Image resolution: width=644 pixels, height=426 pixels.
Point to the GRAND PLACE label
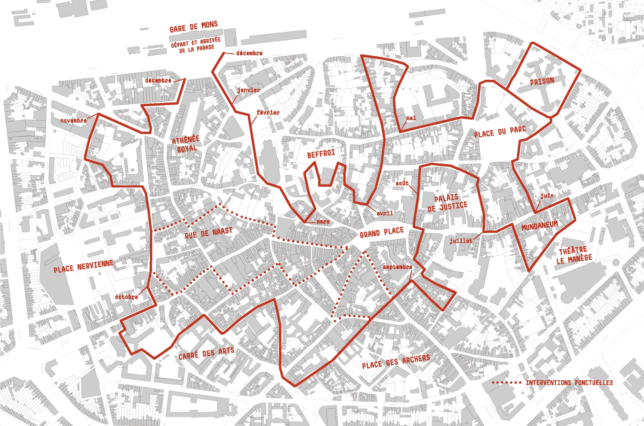coord(382,232)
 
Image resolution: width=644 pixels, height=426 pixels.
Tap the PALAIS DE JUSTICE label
coord(447,203)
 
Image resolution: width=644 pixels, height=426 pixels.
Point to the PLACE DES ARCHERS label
coord(396,362)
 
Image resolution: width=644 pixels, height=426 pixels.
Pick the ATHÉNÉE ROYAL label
coord(186,144)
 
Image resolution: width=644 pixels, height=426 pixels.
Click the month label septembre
coord(397,267)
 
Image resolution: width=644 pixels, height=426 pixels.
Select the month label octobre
coord(126,297)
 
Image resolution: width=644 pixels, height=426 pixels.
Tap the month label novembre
coord(73,121)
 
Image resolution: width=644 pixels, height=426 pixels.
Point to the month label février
coord(268,112)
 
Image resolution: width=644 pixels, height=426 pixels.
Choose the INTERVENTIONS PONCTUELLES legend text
coord(569,383)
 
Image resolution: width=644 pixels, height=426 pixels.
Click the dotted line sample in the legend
coord(507,383)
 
